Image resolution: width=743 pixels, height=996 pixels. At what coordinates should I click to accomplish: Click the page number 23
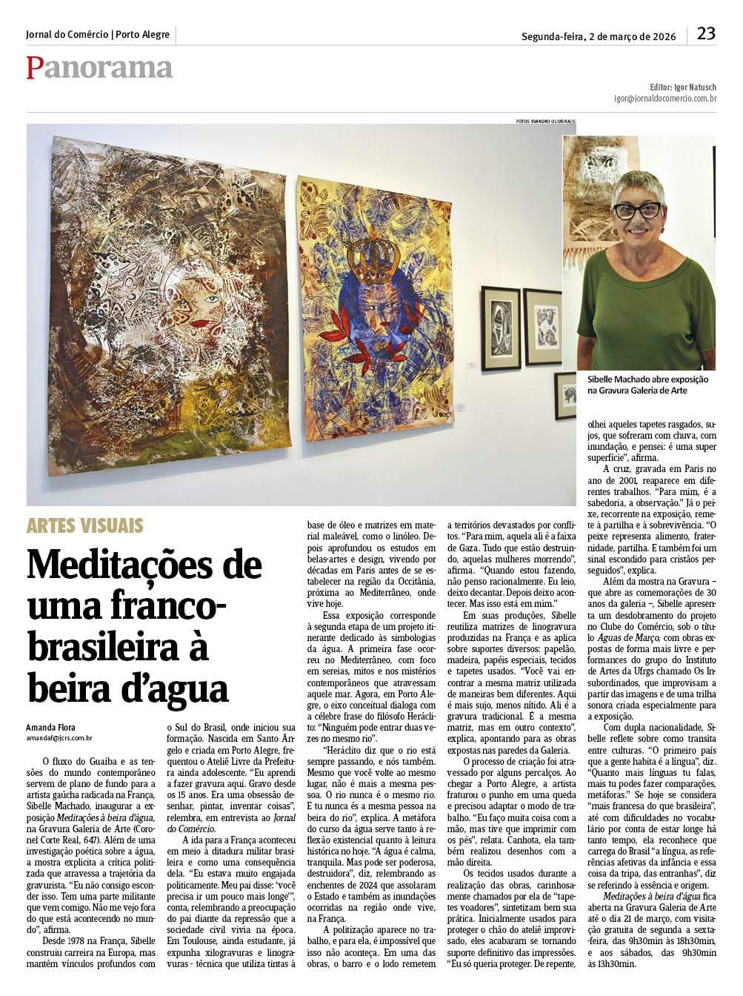[x=705, y=33]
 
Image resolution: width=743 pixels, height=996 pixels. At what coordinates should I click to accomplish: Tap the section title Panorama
[x=99, y=67]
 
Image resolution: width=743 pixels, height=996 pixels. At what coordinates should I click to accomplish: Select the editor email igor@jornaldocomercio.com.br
[x=664, y=98]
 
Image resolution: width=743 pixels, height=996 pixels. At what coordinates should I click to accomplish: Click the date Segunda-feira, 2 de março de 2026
[x=598, y=36]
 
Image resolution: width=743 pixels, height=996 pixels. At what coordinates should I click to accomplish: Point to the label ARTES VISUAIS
[x=85, y=526]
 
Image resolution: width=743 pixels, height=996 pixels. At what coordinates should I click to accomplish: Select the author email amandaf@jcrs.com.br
[x=59, y=737]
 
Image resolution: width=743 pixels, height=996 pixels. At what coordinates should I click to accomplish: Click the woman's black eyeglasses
[x=636, y=210]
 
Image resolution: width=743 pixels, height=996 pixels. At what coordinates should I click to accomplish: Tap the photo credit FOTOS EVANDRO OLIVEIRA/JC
[x=546, y=121]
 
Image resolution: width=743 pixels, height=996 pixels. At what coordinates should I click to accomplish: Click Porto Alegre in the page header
[x=143, y=35]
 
